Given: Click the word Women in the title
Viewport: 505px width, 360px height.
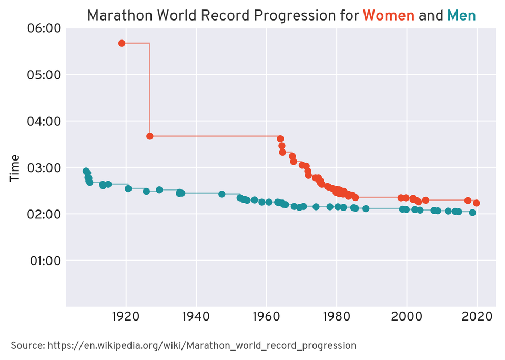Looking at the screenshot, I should coord(388,15).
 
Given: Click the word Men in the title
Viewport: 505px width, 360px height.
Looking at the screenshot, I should coord(461,15).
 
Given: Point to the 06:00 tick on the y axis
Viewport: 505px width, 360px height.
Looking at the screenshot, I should coord(44,28).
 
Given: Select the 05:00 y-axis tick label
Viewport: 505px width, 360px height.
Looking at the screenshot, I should coord(44,75).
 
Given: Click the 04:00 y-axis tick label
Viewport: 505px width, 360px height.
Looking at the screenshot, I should coord(44,121).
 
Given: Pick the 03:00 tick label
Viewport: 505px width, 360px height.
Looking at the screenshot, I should coord(44,168).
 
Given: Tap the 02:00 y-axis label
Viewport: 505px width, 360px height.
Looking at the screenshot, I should coord(44,214).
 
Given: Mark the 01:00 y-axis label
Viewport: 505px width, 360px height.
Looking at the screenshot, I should coord(44,261).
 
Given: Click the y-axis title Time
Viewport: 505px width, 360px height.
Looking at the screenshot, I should coord(15,168).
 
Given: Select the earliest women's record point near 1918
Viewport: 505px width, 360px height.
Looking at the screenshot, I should coord(122,43).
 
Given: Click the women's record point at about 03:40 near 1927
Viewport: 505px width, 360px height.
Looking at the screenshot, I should coord(150,136).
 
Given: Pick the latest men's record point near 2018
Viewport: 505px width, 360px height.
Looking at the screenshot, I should coord(472,213).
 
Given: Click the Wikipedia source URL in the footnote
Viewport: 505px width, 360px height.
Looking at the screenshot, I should coord(201,346).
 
